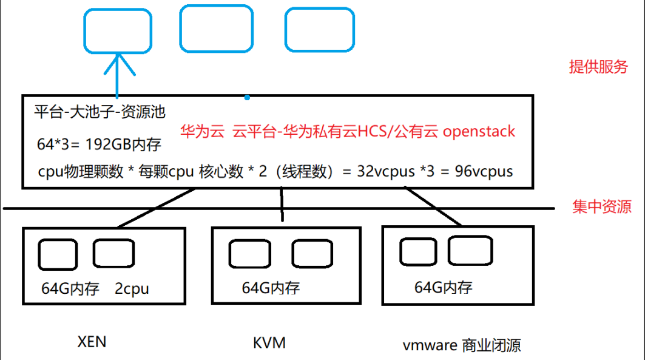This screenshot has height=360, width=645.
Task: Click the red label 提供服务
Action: coord(598,67)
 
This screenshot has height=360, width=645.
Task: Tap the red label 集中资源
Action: coord(601,207)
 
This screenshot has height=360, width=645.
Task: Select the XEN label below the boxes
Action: coord(92,342)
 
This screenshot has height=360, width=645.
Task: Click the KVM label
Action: coord(269,343)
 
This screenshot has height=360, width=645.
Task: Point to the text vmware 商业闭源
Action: coord(461,345)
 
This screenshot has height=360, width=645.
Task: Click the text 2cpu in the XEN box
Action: coord(132,289)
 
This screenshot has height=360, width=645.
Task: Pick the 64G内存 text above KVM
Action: coord(271,287)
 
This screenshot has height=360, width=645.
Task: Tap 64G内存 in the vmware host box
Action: coord(443,287)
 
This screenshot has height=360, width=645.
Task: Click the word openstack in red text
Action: coord(479,131)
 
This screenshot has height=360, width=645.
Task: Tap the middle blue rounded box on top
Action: coord(216,29)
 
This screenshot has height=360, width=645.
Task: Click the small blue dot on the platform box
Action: coord(246,97)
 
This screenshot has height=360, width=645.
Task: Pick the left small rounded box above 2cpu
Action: coord(56,253)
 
